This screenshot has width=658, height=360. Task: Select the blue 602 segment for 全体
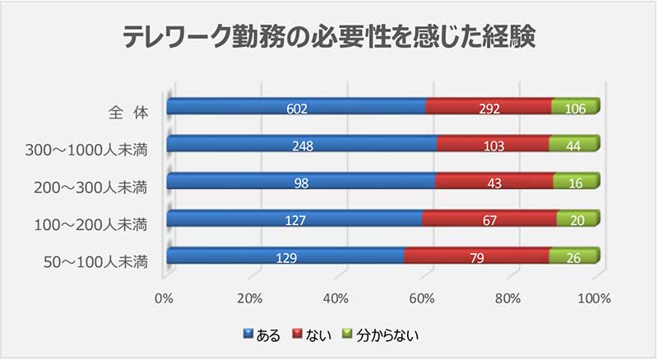(296, 107)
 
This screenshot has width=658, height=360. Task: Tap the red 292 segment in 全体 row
(489, 107)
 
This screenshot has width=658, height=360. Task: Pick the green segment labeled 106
(576, 107)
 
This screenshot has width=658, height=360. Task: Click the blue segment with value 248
(301, 145)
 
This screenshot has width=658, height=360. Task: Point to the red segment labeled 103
(493, 145)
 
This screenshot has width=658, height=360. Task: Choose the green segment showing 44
(575, 145)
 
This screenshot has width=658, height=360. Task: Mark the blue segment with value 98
(300, 182)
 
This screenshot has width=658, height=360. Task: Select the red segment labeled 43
(493, 182)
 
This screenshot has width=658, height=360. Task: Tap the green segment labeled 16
(577, 182)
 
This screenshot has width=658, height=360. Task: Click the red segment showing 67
(489, 220)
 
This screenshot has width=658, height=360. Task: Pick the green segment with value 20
(578, 220)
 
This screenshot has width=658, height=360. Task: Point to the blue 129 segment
(285, 258)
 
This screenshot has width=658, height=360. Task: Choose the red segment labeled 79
(477, 258)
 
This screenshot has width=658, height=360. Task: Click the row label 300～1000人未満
(92, 149)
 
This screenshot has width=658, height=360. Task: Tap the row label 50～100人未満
(97, 262)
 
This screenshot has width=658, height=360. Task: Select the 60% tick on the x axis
(422, 298)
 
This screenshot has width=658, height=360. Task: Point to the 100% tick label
(593, 298)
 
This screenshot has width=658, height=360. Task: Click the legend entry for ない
(314, 335)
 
